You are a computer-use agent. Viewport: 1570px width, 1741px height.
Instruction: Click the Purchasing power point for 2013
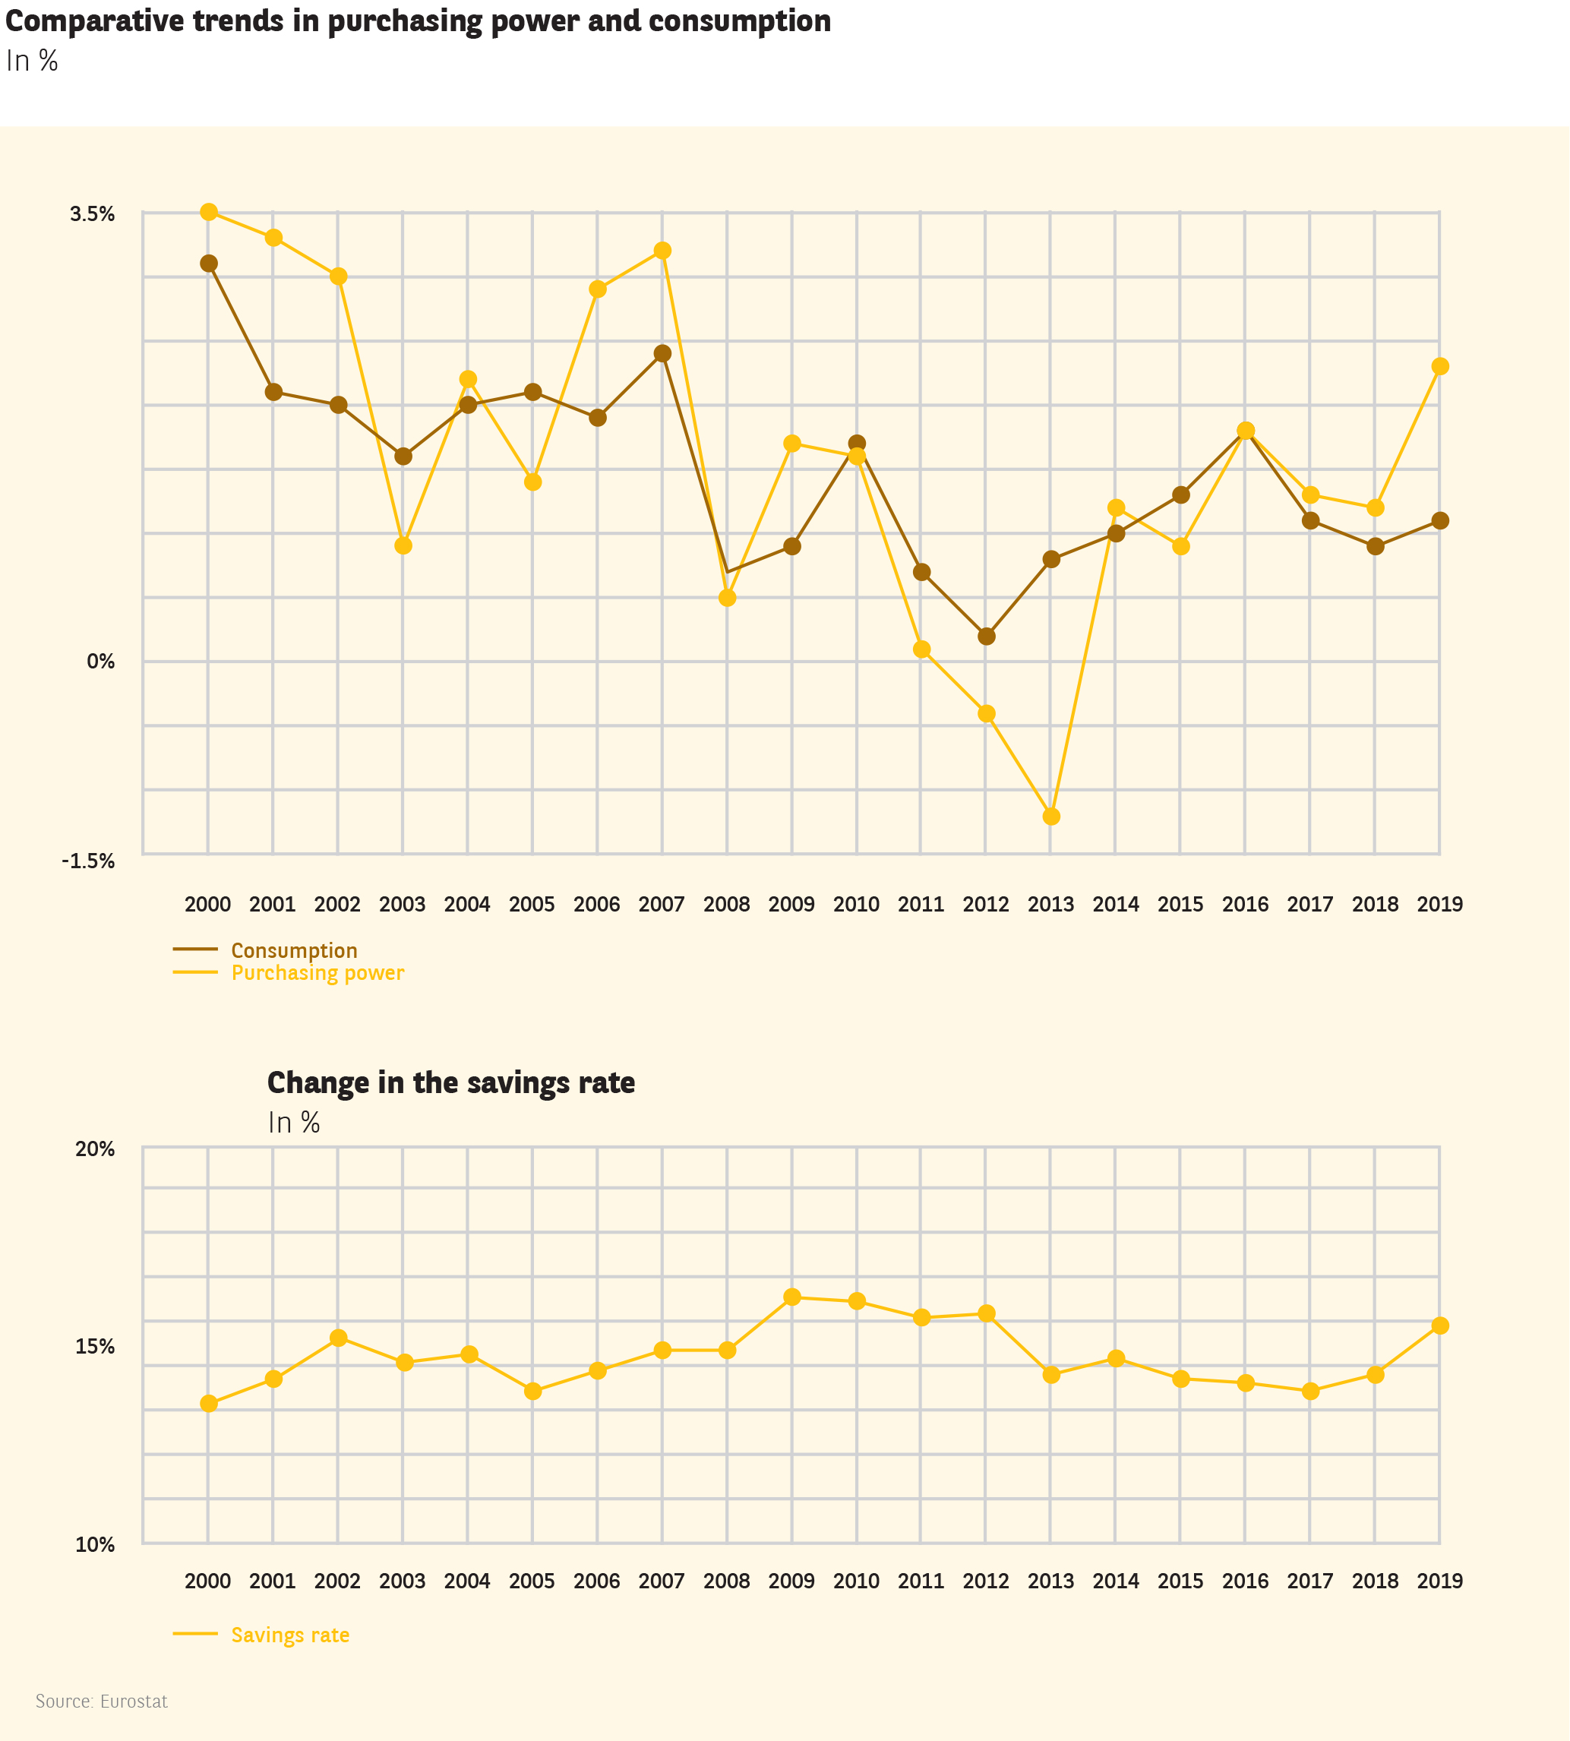(1050, 816)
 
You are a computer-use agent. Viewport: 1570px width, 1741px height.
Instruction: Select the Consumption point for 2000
(209, 263)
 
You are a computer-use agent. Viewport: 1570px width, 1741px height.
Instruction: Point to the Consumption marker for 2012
(987, 637)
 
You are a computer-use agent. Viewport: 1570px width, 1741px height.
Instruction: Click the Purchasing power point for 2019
(1440, 367)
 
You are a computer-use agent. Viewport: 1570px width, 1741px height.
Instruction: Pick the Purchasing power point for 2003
(403, 546)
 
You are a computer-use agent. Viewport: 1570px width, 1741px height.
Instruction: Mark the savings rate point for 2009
(792, 1297)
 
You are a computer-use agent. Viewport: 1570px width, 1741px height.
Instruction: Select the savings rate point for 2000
(209, 1404)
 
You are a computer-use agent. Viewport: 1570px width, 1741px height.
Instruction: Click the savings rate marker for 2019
(1440, 1325)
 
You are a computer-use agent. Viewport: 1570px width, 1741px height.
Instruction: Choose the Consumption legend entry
(293, 951)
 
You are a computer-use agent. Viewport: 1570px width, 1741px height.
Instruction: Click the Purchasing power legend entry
(317, 973)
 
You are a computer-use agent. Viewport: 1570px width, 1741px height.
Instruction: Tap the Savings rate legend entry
(290, 1635)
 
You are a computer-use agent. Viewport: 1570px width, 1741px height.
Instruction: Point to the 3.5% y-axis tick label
(93, 214)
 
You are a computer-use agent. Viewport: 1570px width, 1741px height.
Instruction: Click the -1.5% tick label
(88, 861)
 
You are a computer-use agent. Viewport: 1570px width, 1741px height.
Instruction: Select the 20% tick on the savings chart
(95, 1149)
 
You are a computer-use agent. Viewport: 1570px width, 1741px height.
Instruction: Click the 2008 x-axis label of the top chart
(726, 904)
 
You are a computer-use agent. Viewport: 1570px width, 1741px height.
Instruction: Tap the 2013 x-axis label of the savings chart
(1050, 1581)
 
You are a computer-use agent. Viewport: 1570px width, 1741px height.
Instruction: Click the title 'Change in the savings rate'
(450, 1082)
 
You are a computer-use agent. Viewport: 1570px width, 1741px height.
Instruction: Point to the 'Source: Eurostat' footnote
(102, 1702)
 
